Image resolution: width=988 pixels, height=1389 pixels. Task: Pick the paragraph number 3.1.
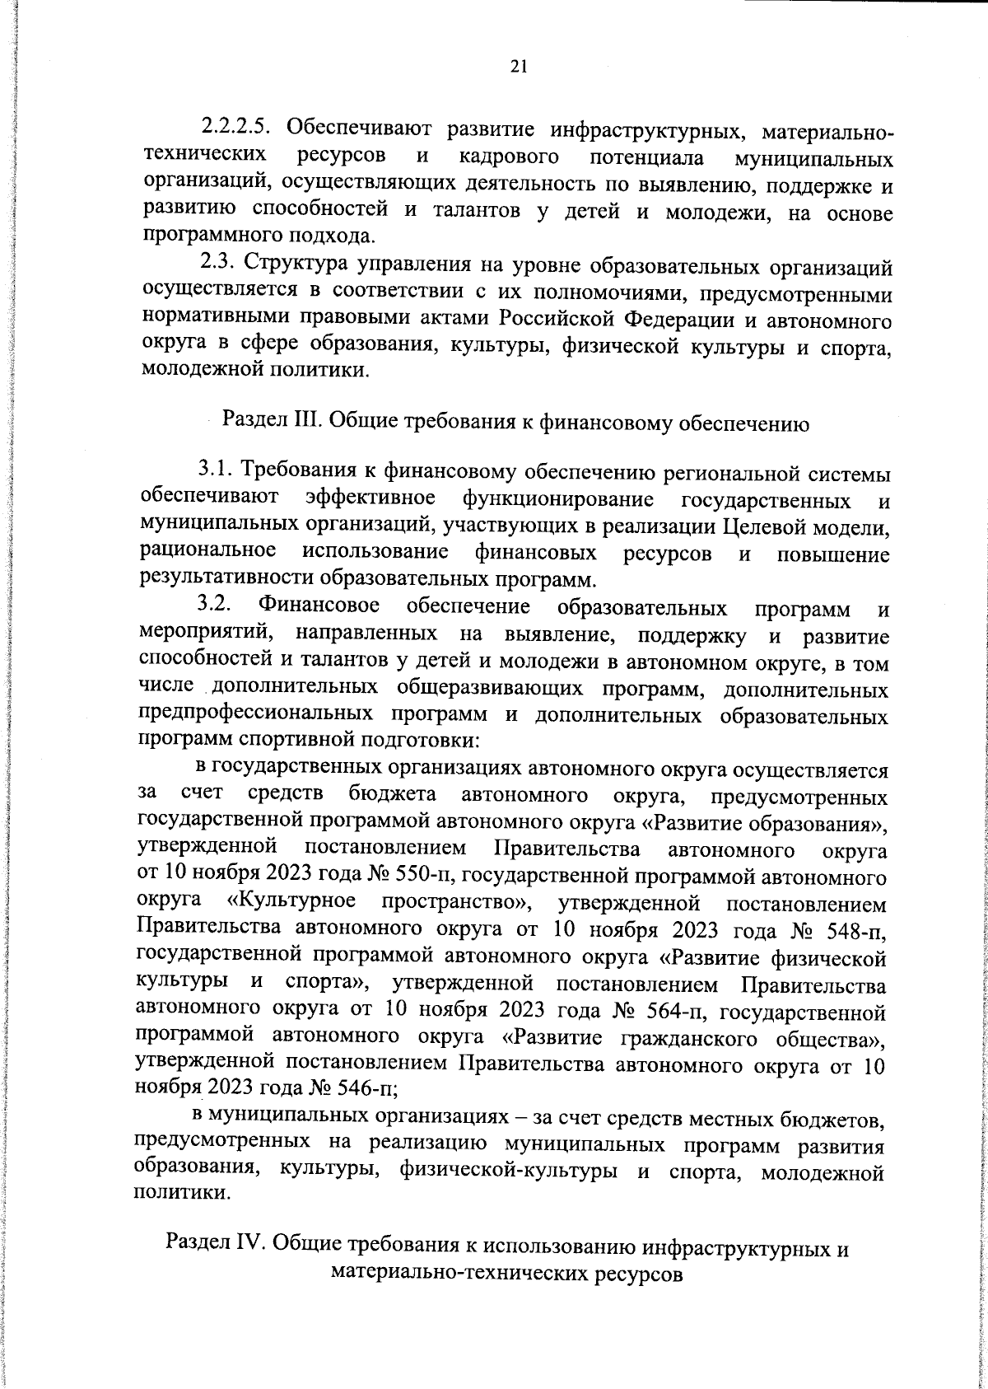216,471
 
